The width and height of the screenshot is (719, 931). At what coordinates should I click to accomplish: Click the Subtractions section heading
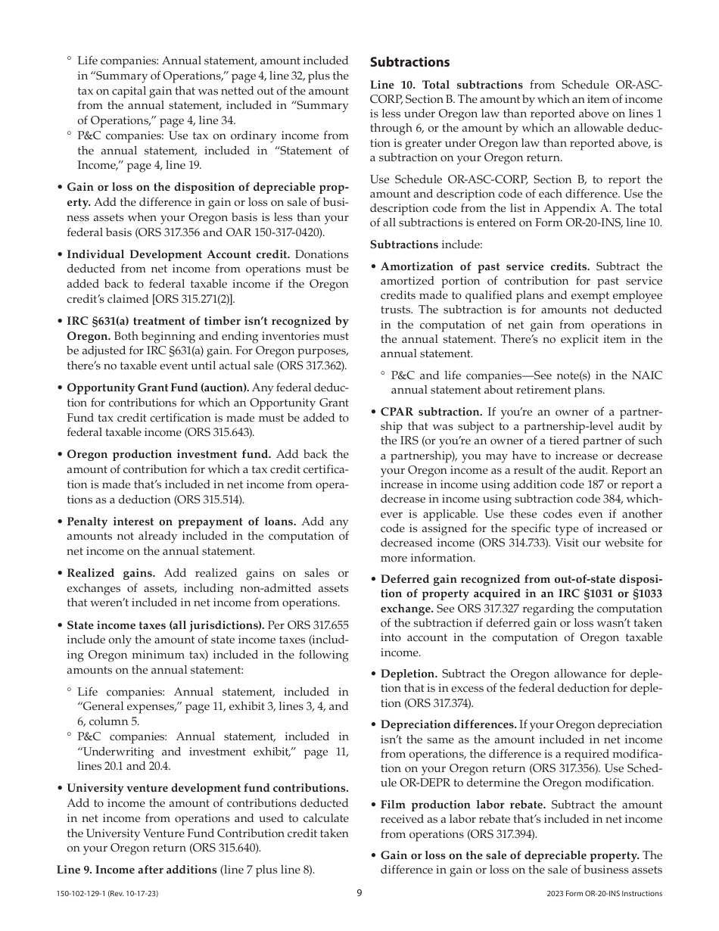tap(409, 62)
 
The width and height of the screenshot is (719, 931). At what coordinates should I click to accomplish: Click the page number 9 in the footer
tap(359, 893)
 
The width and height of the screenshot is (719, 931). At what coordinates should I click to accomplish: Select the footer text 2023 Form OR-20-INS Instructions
tap(604, 894)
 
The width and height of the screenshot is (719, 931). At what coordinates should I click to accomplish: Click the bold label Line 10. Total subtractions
tap(447, 85)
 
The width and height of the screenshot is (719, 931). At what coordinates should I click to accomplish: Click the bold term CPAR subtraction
tap(431, 413)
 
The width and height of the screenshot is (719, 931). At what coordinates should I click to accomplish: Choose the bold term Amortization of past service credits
tap(485, 266)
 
